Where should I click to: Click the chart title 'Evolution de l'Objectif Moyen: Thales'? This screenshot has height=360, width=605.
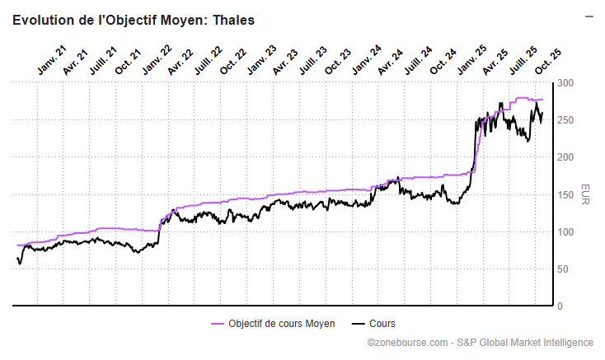coord(133,21)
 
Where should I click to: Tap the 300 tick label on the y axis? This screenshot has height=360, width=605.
coord(565,83)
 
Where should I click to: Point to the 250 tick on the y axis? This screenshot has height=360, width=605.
coord(565,120)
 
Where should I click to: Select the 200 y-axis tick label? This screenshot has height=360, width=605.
coord(565,157)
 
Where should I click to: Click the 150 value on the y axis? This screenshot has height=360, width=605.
coord(565,194)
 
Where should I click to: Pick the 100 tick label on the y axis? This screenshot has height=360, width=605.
coord(565,231)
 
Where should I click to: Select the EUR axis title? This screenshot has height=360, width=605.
coord(584,194)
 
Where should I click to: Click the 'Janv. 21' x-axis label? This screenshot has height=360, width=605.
coord(51,62)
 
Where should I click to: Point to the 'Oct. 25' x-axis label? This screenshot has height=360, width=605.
coord(548,62)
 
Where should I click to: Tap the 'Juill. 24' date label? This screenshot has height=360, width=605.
coord(416,62)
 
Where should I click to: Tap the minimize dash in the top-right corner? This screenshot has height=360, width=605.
coord(589,16)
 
